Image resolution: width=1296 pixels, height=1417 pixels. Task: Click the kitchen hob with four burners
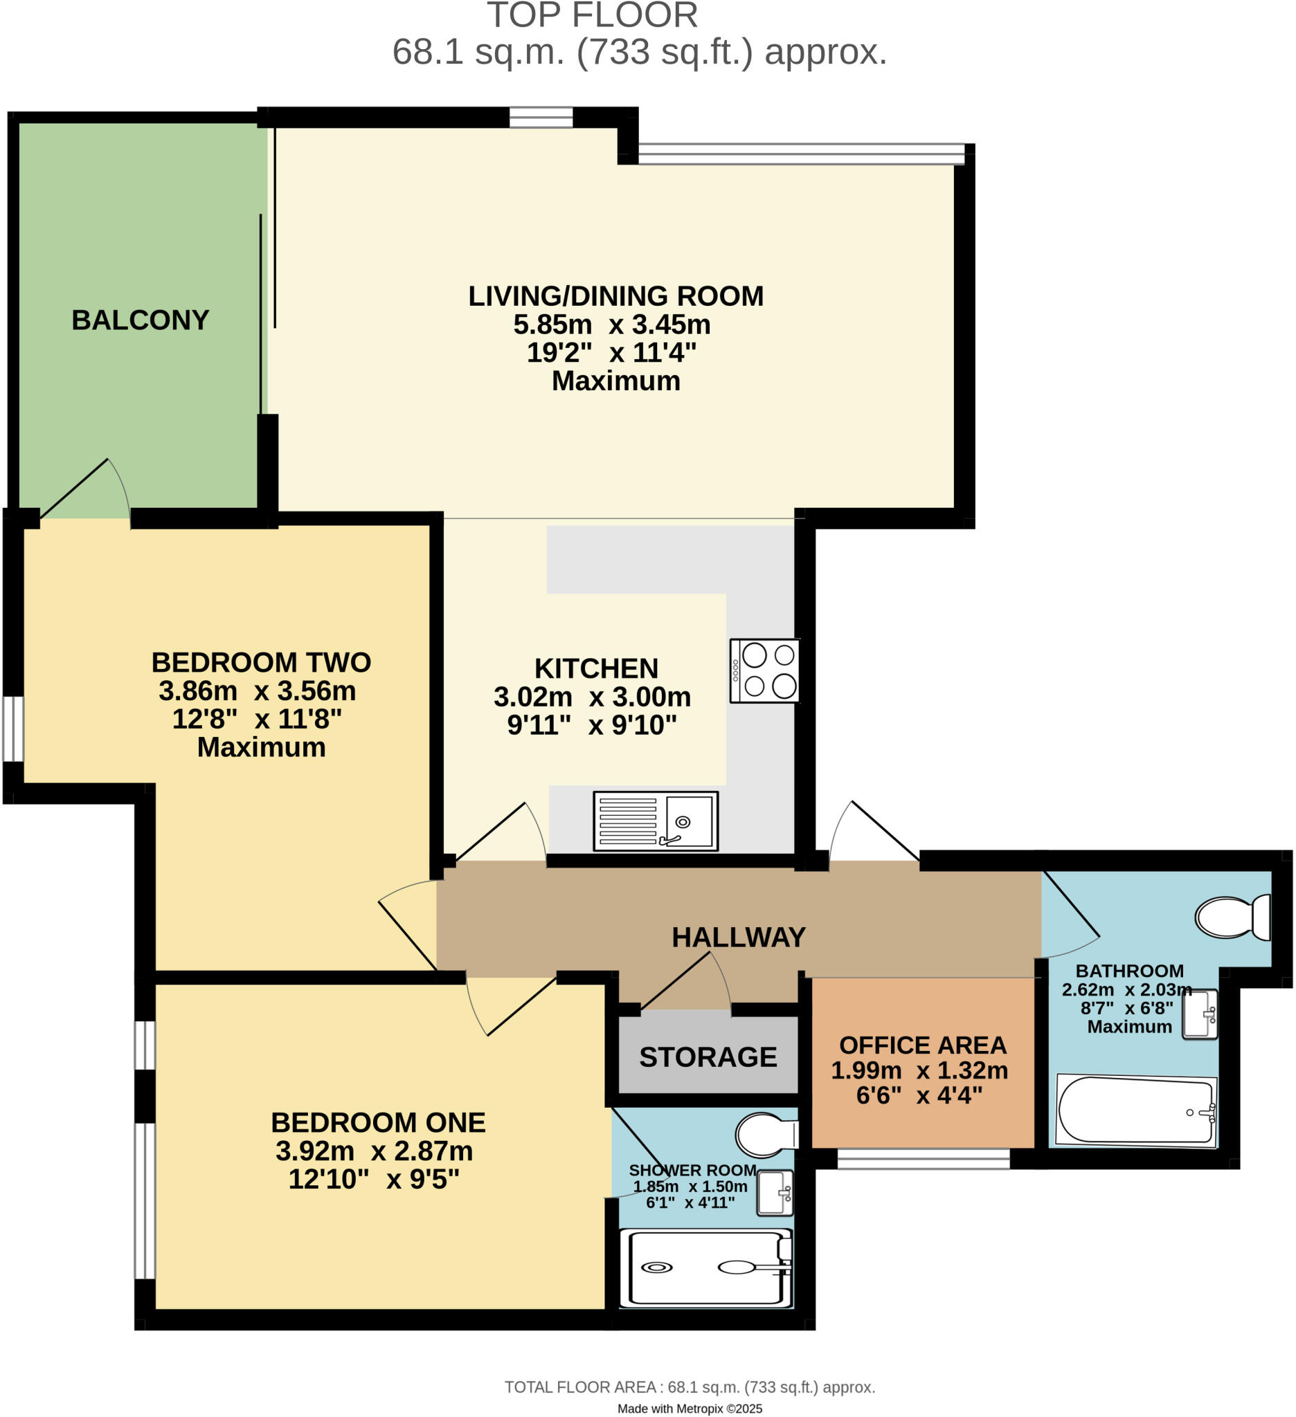(764, 670)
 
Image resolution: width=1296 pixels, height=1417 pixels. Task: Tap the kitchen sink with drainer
(656, 821)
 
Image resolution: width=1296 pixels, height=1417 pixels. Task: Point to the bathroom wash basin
(1200, 1014)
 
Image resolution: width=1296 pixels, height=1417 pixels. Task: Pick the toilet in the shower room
(766, 1135)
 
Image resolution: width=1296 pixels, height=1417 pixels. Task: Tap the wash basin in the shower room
(775, 1193)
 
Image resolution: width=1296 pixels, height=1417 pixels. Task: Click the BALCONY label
(141, 320)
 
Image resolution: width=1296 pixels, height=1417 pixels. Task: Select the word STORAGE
(708, 1057)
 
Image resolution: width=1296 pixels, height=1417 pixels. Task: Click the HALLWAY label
(739, 937)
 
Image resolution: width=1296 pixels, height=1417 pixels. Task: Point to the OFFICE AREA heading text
(923, 1045)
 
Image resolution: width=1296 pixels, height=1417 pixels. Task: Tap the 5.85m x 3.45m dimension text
(612, 324)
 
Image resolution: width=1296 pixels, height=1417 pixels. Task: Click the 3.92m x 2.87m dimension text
(374, 1151)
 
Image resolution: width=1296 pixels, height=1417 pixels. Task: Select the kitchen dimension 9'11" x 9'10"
(592, 724)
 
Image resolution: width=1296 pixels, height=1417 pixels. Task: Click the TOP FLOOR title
(592, 15)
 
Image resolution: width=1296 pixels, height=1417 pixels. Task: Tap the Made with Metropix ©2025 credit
(689, 1409)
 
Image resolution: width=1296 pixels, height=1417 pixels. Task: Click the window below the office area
(924, 1159)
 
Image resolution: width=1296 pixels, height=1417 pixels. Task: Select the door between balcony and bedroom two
(84, 492)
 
